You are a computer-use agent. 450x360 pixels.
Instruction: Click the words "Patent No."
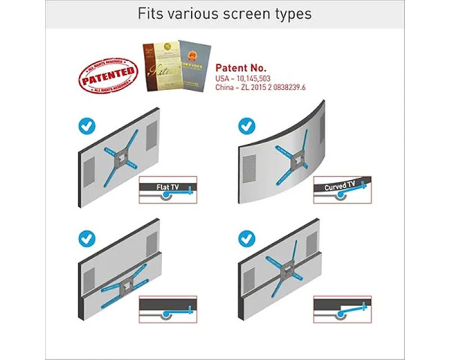[x=241, y=66]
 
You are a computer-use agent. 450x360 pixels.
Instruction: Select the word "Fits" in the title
[x=150, y=14]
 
